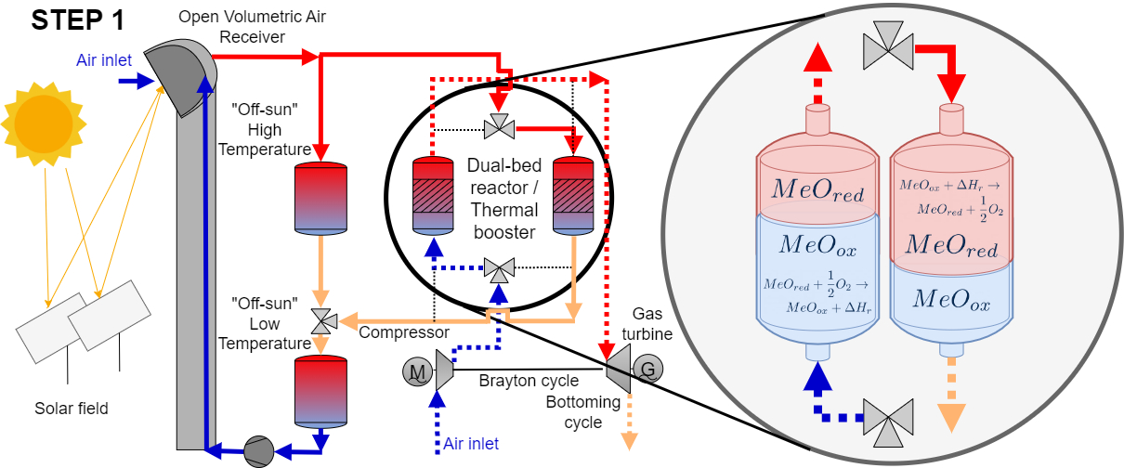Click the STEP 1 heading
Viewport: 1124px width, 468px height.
point(78,20)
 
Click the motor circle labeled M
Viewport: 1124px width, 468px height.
point(417,372)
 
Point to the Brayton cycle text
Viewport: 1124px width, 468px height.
point(529,381)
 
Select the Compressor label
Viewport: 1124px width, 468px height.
point(404,332)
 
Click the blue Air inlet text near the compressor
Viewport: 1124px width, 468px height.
point(470,444)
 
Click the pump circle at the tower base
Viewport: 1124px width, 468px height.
point(257,451)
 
